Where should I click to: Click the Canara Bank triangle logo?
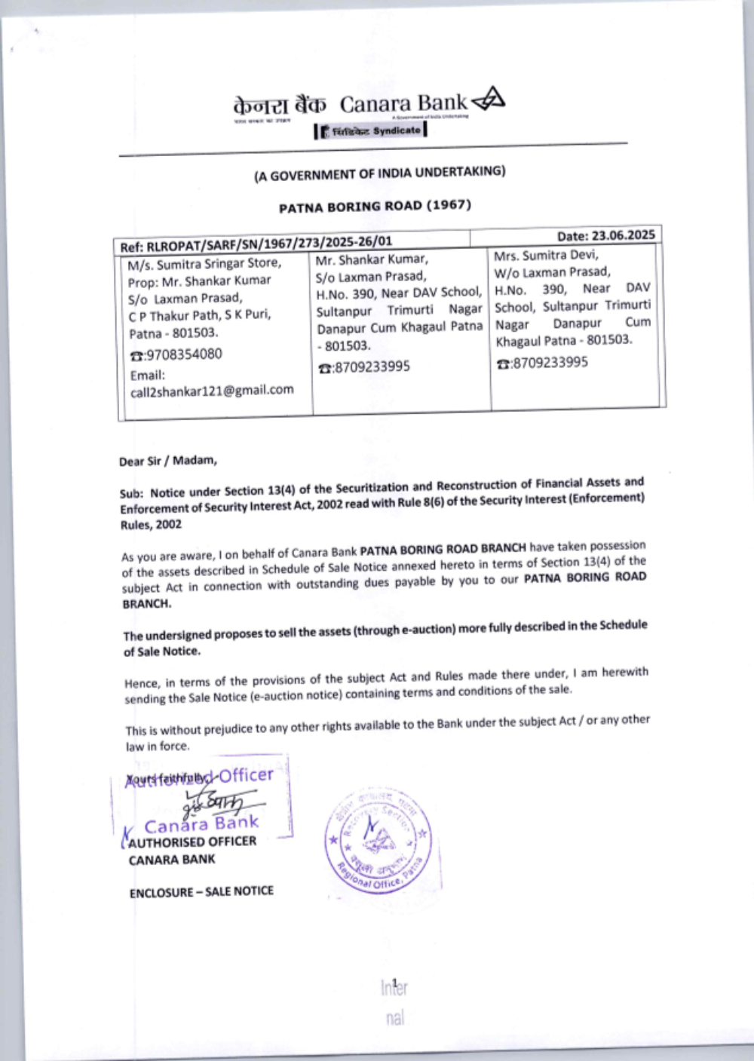489,99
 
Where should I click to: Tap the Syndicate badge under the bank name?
371,130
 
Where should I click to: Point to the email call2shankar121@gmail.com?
212,391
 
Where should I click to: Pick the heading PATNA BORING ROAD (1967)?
375,207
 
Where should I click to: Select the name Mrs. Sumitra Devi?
546,256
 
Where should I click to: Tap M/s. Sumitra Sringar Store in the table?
204,264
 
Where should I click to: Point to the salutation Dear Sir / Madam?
167,461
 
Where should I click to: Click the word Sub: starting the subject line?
131,494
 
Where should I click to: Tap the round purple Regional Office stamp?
378,839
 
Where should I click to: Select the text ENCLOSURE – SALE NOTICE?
201,892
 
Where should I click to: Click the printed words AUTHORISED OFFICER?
192,842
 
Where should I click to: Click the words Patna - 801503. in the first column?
173,333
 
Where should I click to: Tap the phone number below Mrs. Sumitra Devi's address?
542,363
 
